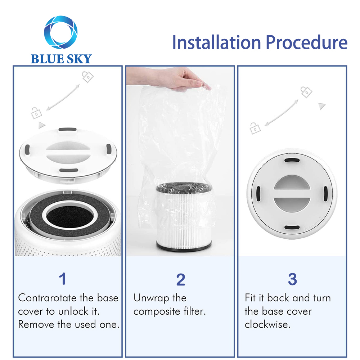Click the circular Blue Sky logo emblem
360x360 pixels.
click(x=60, y=32)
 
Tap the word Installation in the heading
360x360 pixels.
click(x=216, y=42)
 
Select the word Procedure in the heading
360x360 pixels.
click(x=306, y=42)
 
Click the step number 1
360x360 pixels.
click(x=62, y=279)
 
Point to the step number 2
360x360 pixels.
click(x=181, y=279)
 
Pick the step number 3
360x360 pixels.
click(x=292, y=279)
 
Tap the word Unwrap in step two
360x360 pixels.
click(x=151, y=298)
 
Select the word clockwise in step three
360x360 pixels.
click(x=267, y=324)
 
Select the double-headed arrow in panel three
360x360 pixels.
click(x=282, y=113)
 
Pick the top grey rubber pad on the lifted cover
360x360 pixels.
click(x=68, y=129)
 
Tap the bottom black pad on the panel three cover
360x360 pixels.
click(x=292, y=227)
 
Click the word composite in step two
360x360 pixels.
click(x=157, y=312)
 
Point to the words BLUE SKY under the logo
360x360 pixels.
click(x=61, y=59)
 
